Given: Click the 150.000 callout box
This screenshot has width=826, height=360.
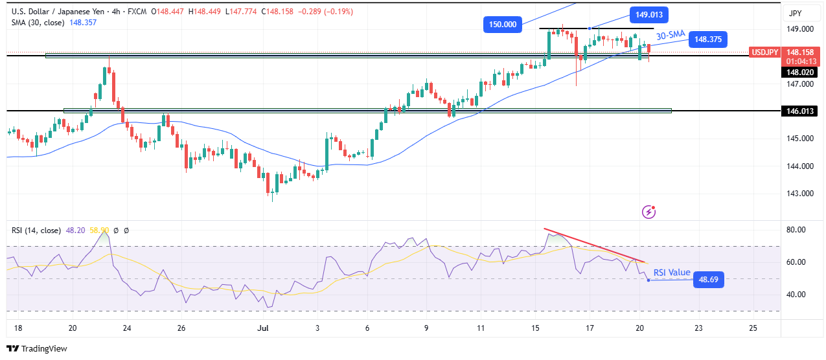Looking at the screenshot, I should click(x=503, y=24).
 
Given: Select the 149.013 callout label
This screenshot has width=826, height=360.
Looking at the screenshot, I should click(x=649, y=14).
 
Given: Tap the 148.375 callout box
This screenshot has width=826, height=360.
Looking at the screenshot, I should click(x=708, y=39).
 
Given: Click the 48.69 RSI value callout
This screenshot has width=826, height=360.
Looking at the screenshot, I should click(x=707, y=280).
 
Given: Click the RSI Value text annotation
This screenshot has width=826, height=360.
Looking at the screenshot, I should click(x=671, y=273).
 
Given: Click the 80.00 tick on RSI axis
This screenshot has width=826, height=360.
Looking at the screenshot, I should click(x=796, y=230).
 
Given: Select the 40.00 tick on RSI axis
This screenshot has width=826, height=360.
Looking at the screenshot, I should click(x=796, y=295).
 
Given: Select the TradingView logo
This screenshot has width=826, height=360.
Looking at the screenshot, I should click(x=38, y=349).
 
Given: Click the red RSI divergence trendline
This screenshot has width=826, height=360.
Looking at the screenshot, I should click(x=595, y=245).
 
